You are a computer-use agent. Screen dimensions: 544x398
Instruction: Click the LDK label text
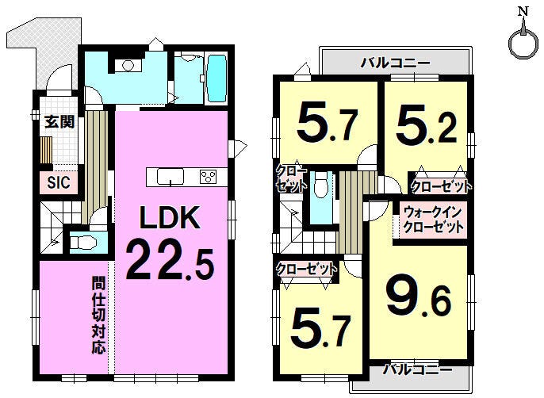point(170,217)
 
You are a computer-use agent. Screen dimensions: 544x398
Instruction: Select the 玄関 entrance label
point(59,122)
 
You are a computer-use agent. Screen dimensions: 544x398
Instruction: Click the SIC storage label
point(59,182)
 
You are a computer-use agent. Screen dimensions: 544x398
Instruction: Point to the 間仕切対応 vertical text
point(98,315)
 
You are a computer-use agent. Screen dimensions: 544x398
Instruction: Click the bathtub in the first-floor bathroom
point(216,78)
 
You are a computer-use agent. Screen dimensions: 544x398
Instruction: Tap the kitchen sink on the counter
point(170,177)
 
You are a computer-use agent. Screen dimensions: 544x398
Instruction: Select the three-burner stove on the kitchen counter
point(208,176)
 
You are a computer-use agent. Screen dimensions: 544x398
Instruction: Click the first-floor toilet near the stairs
point(83,243)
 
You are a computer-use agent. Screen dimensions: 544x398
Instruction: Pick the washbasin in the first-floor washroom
point(128,66)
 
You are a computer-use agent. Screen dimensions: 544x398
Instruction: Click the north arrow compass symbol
point(522,38)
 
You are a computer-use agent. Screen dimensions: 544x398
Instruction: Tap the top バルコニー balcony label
point(395,63)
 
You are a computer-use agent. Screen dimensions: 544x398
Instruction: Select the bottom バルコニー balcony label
point(417,369)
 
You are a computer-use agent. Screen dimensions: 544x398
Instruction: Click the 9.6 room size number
point(419,297)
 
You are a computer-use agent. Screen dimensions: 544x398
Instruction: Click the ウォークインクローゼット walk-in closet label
point(433,220)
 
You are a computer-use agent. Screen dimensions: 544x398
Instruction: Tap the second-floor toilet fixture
point(321,187)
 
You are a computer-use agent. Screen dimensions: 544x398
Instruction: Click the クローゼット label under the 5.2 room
point(441,187)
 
